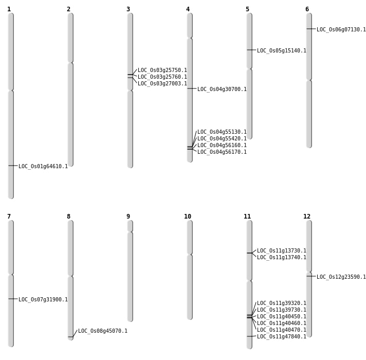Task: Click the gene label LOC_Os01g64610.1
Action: (x=43, y=167)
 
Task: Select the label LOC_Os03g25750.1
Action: (x=162, y=70)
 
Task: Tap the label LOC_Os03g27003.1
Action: (x=162, y=84)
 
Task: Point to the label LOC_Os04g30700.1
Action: (x=222, y=89)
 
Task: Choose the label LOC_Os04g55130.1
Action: (x=222, y=132)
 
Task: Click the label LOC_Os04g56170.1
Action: (x=222, y=152)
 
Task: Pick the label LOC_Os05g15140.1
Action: (x=282, y=51)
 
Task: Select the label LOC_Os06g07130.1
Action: (x=341, y=30)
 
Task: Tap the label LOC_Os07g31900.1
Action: (x=43, y=300)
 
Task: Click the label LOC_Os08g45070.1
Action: (x=103, y=331)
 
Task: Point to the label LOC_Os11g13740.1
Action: (x=282, y=258)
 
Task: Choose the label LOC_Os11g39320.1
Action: (x=282, y=303)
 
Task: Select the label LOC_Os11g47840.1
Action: (x=282, y=337)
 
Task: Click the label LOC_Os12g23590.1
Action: (x=341, y=277)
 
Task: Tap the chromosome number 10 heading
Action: (x=188, y=217)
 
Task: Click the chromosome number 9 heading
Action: (x=128, y=217)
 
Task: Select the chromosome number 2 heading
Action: (x=68, y=9)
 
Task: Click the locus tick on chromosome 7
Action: (x=11, y=299)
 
